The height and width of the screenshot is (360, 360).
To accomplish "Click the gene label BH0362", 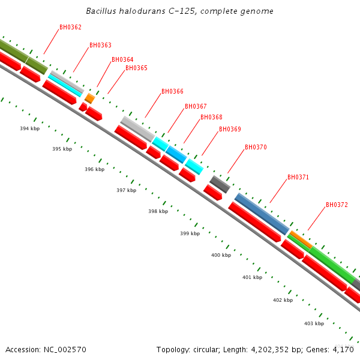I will click(70, 28).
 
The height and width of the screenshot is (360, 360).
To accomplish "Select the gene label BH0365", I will click(136, 68).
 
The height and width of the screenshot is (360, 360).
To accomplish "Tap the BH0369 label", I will click(230, 130).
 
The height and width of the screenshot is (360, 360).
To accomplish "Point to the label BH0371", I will click(298, 178).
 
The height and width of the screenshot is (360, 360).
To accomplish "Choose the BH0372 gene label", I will click(337, 205).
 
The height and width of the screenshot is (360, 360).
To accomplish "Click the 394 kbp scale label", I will click(29, 129).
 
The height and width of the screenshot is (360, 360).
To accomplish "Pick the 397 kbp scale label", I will click(126, 190).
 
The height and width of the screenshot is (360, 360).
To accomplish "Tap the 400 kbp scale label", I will click(221, 256).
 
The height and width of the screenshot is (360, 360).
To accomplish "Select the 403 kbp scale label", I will click(314, 324).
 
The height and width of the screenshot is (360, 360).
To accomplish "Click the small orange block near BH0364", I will click(89, 98).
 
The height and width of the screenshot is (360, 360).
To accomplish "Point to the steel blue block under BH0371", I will click(262, 214).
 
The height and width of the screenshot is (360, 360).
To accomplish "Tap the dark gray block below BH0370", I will click(220, 184).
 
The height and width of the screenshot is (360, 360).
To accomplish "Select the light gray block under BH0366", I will click(137, 129).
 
